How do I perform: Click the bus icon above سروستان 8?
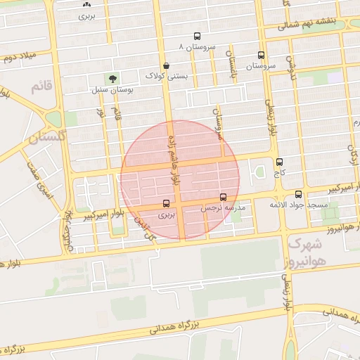(197, 35)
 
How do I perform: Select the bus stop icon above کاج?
(280, 161)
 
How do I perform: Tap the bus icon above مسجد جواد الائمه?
(298, 193)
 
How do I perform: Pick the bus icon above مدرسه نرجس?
(224, 197)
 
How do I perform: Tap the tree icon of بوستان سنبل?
(111, 78)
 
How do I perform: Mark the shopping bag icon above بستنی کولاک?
(166, 64)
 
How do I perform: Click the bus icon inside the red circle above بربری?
(164, 205)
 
